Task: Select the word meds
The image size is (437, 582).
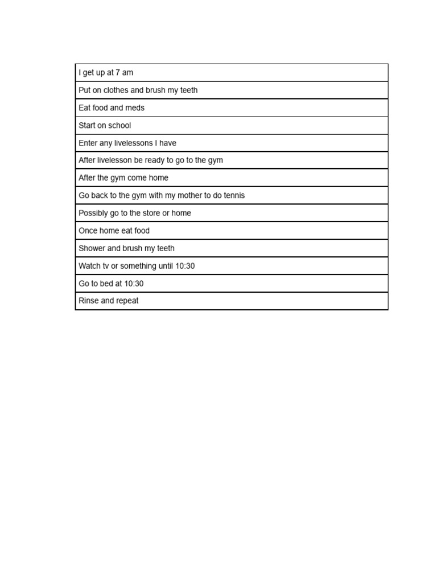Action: [135, 108]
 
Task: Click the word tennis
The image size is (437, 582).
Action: [233, 196]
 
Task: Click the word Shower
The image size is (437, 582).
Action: [92, 248]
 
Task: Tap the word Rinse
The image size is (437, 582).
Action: [89, 301]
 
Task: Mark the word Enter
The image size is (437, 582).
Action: [88, 143]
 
